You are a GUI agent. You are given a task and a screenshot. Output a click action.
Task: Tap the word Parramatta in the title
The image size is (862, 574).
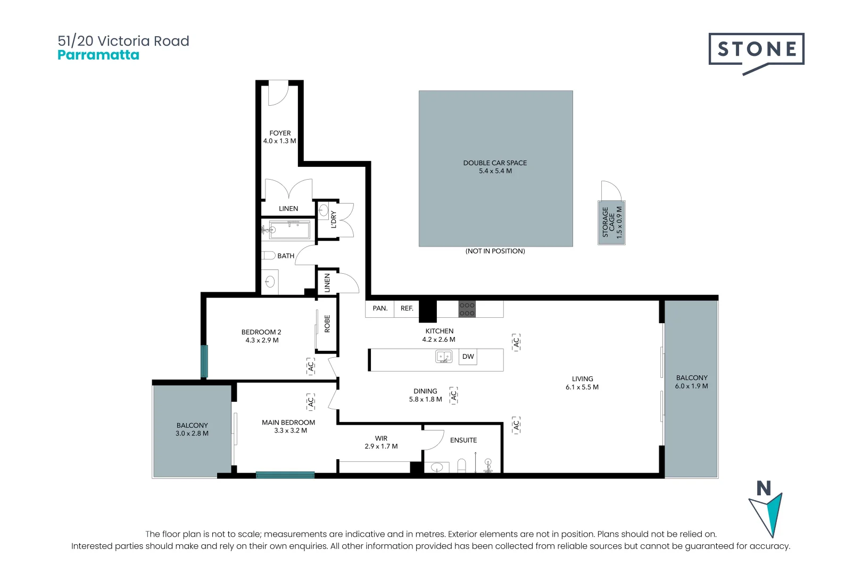[98, 55]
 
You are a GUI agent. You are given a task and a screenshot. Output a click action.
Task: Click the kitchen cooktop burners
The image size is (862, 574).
[467, 309]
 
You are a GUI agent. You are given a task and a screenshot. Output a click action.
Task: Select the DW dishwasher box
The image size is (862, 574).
[468, 357]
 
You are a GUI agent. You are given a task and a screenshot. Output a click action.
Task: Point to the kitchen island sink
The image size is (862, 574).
[444, 357]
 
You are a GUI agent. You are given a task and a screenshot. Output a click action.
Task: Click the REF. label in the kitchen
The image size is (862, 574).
[407, 308]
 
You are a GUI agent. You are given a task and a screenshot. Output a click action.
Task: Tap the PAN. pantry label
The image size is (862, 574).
[380, 308]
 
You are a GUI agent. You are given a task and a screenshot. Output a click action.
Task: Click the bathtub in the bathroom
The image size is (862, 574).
[289, 230]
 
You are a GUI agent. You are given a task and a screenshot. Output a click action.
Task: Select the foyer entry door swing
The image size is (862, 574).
[278, 93]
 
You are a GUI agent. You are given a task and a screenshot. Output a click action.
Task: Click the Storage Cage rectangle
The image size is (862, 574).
[611, 223]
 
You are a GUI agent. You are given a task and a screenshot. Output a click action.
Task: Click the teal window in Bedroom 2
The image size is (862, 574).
[204, 361]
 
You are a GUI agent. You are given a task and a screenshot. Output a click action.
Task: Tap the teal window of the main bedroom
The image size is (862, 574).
[285, 475]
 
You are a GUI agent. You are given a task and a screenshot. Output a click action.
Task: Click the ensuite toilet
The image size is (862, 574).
[462, 466]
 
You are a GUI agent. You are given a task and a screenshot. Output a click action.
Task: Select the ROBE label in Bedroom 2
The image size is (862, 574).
[327, 324]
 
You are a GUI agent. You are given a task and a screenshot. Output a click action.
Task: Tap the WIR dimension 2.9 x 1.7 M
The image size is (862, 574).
[381, 446]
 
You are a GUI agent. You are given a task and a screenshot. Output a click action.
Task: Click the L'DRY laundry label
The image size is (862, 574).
[333, 220]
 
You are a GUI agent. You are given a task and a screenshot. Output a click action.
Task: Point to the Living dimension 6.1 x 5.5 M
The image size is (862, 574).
[582, 387]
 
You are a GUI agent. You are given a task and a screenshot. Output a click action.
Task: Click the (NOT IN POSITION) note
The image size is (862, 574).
[495, 251]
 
